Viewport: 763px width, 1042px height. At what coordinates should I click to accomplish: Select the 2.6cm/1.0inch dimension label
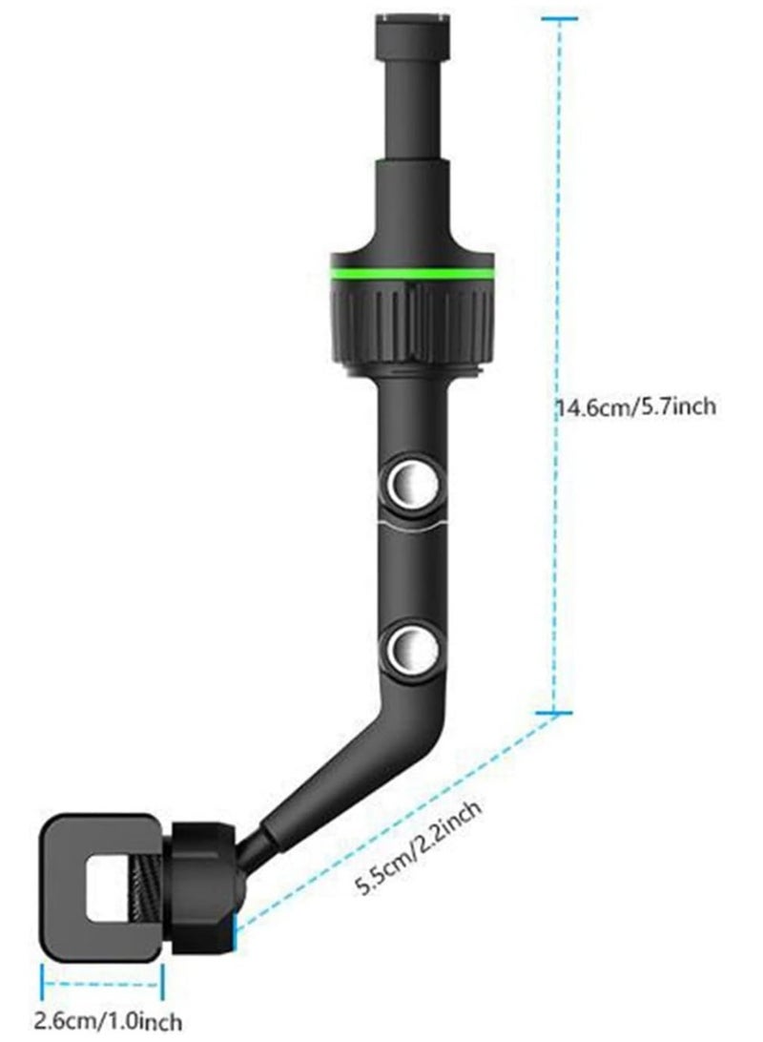[108, 1021]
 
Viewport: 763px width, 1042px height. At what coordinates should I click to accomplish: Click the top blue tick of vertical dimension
[560, 18]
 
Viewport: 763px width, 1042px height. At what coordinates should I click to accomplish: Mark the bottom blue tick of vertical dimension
[553, 713]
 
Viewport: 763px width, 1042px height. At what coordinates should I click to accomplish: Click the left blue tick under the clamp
[44, 984]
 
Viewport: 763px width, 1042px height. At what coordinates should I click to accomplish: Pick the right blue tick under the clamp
[164, 984]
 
